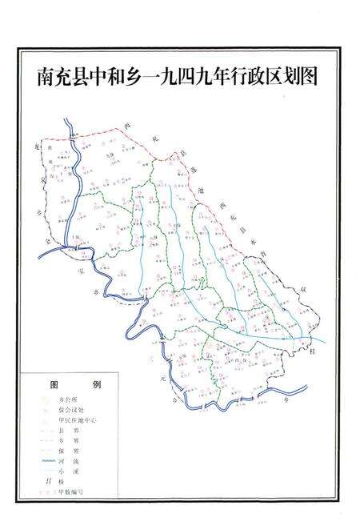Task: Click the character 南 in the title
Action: coord(46,76)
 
